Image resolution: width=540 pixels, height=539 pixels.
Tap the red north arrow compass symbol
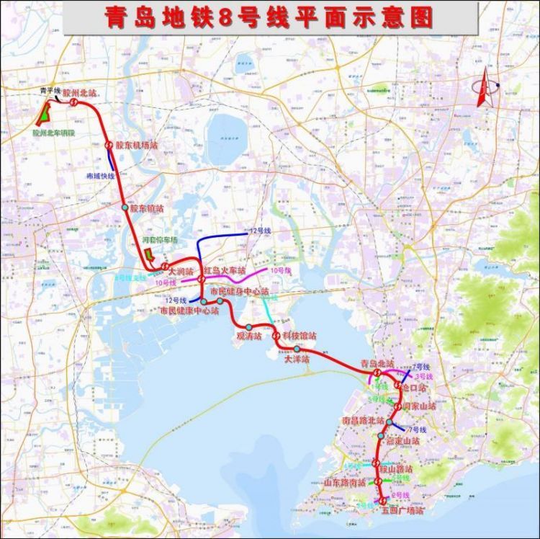click(x=485, y=88)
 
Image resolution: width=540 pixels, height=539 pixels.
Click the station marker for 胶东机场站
click(x=109, y=145)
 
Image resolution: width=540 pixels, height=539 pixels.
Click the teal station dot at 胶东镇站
click(x=125, y=208)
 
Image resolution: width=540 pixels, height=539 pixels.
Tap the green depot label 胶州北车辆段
click(x=53, y=133)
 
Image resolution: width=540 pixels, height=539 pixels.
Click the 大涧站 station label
click(x=180, y=272)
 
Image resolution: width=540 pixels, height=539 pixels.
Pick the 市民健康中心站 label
click(x=189, y=311)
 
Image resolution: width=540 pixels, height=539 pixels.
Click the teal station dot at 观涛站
click(x=248, y=328)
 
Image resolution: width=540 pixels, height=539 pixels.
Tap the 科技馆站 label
click(x=299, y=337)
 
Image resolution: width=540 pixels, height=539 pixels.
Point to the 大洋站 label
click(x=296, y=358)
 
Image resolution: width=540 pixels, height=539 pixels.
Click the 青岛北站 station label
click(x=377, y=364)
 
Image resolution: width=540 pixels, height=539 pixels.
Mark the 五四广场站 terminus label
click(x=402, y=510)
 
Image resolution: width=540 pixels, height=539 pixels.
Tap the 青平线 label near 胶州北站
click(x=50, y=92)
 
